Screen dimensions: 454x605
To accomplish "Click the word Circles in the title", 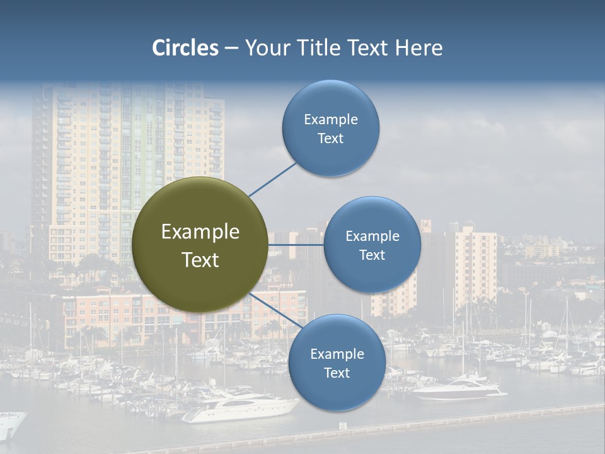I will (185, 48).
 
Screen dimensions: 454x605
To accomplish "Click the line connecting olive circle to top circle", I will (272, 179).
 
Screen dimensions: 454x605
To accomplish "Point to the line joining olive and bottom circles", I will (276, 310).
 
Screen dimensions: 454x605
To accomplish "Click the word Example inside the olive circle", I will (200, 232).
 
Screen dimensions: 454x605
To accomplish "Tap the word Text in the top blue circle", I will (330, 139).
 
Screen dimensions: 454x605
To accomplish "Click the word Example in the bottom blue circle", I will (337, 354).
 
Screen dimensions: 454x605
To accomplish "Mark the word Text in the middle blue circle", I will (372, 255).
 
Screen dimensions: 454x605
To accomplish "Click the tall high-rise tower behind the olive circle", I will (126, 145).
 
